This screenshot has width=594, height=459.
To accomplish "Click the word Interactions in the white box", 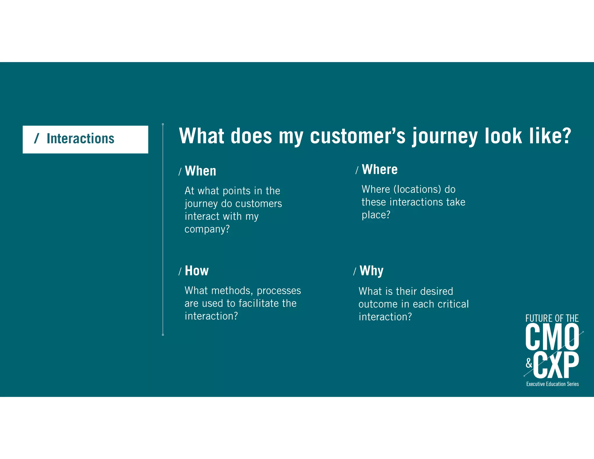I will tap(80, 139).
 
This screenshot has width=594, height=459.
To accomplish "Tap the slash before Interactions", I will tap(37, 138).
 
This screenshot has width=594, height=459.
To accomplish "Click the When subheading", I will tap(200, 171).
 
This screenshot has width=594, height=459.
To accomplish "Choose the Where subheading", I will tap(380, 169).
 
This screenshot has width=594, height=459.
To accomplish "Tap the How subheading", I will tap(197, 271).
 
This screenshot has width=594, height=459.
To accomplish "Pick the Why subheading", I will tap(371, 271).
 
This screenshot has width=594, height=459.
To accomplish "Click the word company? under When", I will tap(207, 229).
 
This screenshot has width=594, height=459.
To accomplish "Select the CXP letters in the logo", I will tap(556, 365).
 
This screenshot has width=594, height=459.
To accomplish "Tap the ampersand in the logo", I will tap(529, 363).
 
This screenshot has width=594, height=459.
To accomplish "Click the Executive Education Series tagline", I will tap(552, 384).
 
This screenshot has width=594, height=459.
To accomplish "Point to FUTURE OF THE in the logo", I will tap(552, 318).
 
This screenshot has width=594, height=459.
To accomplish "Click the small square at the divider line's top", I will tap(163, 124).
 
